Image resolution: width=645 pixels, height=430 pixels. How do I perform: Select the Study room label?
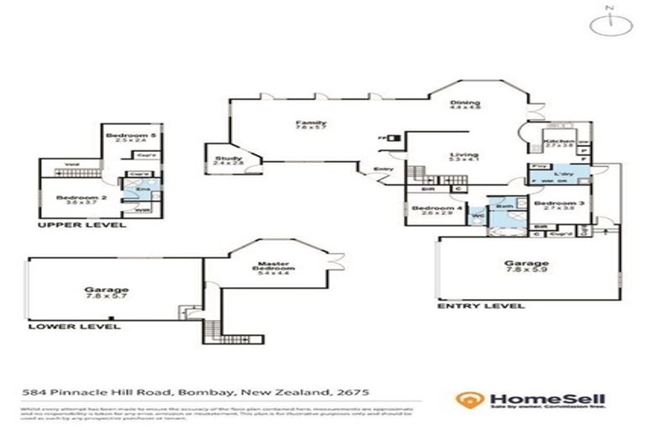click(227, 158)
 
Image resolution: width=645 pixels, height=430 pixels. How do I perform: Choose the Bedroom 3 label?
click(554, 203)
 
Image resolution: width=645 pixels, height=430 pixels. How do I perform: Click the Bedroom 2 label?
click(76, 197)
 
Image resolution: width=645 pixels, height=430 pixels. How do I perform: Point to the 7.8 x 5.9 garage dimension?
click(527, 270)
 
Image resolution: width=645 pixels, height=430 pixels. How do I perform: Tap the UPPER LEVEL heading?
click(82, 225)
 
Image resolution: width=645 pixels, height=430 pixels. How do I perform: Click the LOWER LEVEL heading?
click(74, 325)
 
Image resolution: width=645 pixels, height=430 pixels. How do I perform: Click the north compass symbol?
click(610, 25)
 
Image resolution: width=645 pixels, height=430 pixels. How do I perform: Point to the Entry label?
click(384, 169)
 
